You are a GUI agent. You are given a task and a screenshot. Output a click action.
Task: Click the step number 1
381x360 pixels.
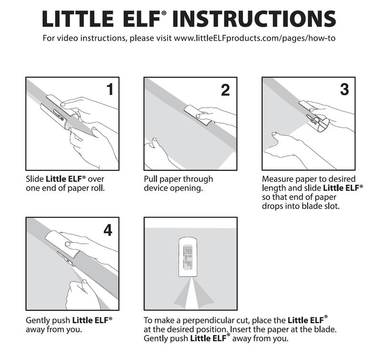point(110,89)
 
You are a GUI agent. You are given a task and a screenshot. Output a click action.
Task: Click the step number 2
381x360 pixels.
point(226,90)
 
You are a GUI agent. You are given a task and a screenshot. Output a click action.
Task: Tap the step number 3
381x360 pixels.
point(344,89)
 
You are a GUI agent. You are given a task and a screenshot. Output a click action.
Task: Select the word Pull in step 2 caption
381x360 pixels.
point(151,179)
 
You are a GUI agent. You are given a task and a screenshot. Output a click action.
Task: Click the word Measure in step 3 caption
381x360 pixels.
point(278,179)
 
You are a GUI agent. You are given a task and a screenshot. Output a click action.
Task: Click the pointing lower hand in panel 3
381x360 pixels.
point(286,145)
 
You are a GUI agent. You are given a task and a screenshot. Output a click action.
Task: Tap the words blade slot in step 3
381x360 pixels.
point(321,206)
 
